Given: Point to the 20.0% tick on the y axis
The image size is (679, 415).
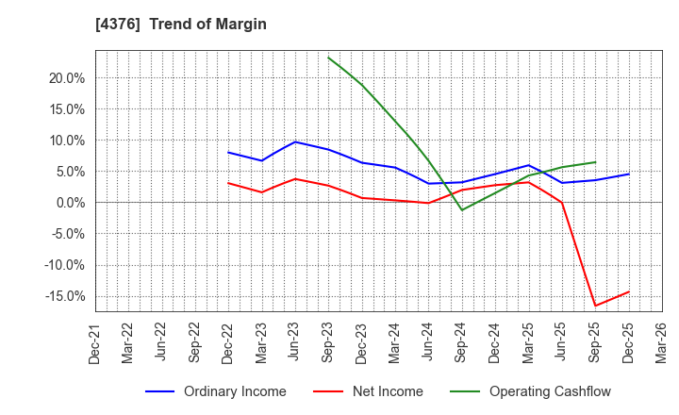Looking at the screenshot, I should click(66, 78).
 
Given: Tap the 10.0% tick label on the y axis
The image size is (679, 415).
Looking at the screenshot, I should click(66, 141).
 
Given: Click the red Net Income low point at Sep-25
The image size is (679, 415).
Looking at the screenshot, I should click(595, 306).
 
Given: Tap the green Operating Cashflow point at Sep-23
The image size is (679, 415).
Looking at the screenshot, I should click(328, 58).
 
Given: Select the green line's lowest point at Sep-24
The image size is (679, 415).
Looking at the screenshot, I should click(461, 209).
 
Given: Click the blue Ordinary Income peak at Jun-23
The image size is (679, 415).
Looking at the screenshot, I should click(295, 142).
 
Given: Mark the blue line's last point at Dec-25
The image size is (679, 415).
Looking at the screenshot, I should click(628, 174).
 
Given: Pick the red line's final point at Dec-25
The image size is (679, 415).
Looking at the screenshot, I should click(628, 291).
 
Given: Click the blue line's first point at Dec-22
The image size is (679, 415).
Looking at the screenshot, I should click(228, 153).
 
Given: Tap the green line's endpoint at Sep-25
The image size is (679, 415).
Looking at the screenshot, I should click(595, 162).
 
